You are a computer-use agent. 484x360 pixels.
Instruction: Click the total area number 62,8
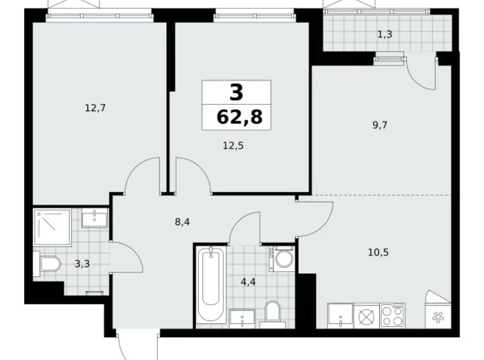tap(236, 116)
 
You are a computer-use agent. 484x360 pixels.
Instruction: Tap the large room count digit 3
tap(236, 92)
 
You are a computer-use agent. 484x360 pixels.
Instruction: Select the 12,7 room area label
tap(96, 107)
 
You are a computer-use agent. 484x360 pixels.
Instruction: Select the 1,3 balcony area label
tap(385, 34)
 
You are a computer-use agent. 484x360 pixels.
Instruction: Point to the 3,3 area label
tap(81, 264)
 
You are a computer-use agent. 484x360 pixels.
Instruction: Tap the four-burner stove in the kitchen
tap(392, 315)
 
